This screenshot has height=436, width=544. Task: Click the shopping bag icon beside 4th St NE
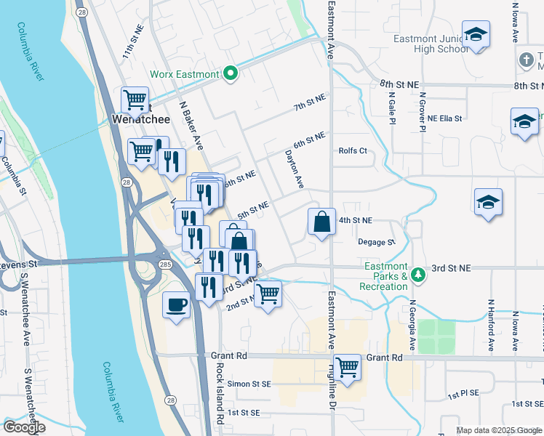321,221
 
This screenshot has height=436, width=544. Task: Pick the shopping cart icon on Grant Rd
348,366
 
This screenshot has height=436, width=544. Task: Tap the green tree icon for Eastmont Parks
417,275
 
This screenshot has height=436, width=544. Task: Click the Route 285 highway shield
165,265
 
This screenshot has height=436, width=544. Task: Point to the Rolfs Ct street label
353,151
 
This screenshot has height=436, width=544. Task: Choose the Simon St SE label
249,384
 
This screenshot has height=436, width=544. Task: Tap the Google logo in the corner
25,427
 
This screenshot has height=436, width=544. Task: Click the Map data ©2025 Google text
498,430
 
